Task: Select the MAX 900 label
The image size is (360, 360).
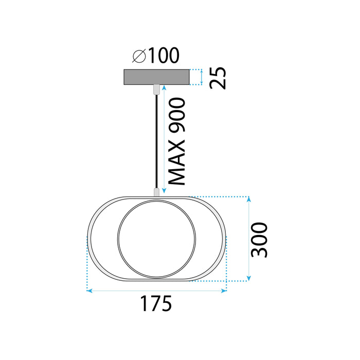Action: (178, 141)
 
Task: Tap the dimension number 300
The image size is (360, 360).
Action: (260, 240)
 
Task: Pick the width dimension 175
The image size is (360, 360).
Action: (156, 304)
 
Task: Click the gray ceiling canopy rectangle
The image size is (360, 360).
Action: (156, 77)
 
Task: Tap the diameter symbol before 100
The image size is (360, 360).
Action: (138, 55)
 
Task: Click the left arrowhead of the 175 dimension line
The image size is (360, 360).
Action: (89, 291)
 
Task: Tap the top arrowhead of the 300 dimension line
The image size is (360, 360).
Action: (249, 200)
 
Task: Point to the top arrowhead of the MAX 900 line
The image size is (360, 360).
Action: (164, 88)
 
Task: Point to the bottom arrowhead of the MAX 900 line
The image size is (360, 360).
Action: (164, 192)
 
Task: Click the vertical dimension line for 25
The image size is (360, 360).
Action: (201, 77)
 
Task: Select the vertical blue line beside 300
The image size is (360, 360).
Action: (249, 239)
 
